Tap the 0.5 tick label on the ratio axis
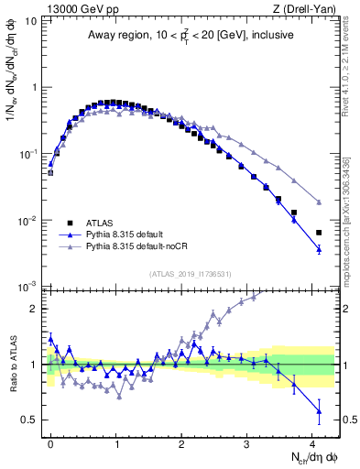pyautogui.click(x=31, y=420)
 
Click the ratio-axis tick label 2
pyautogui.click(x=36, y=309)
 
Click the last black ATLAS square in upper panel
pyautogui.click(x=319, y=233)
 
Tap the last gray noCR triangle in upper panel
pyautogui.click(x=319, y=202)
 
